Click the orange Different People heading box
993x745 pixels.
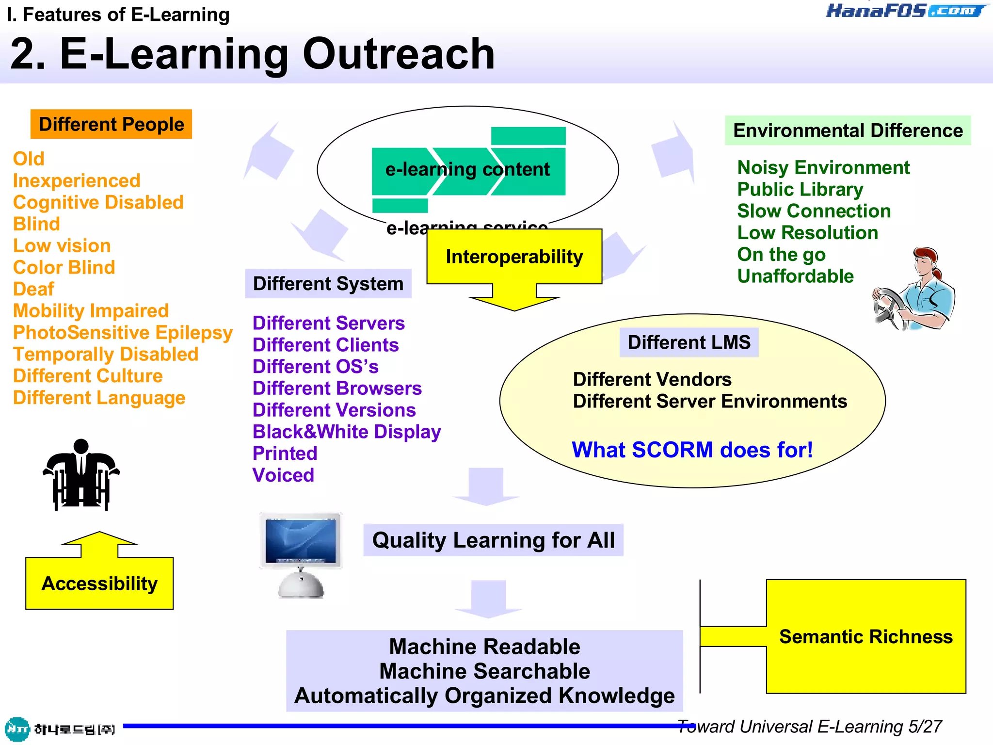(111, 124)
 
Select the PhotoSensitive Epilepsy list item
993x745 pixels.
(123, 333)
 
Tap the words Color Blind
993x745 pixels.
(64, 267)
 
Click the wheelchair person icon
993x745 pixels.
(81, 475)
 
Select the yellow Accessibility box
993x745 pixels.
(99, 583)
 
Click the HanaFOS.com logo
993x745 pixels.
(905, 11)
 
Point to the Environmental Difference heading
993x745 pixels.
(848, 130)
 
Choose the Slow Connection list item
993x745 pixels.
(814, 211)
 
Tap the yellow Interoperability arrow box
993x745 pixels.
(514, 257)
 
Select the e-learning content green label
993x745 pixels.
(467, 170)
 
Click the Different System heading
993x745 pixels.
(328, 284)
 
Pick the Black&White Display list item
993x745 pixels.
(347, 432)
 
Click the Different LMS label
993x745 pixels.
(689, 342)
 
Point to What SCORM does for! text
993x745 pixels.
(692, 450)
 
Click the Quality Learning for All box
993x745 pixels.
(493, 540)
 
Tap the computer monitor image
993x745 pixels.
(301, 553)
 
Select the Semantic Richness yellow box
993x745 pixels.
(866, 636)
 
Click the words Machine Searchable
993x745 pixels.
(484, 671)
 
